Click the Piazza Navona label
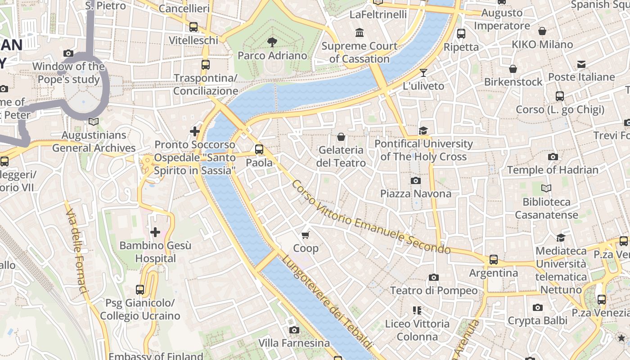(x=416, y=193)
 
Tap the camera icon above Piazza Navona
(x=416, y=180)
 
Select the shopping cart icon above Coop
(x=306, y=235)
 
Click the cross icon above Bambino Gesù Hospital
(x=155, y=232)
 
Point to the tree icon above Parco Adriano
(x=272, y=42)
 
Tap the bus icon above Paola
(x=259, y=149)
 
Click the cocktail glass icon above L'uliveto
(x=423, y=72)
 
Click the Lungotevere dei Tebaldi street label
(x=327, y=302)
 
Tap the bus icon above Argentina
(x=494, y=260)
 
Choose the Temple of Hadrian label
(x=553, y=170)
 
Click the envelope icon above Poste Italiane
(x=581, y=64)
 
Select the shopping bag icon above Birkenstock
(x=513, y=69)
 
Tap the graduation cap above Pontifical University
(x=423, y=130)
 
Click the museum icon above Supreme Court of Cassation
(x=360, y=32)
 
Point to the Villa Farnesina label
(x=294, y=343)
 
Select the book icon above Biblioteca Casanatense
(x=546, y=188)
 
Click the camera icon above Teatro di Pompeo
(x=433, y=277)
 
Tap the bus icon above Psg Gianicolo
(x=140, y=290)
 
